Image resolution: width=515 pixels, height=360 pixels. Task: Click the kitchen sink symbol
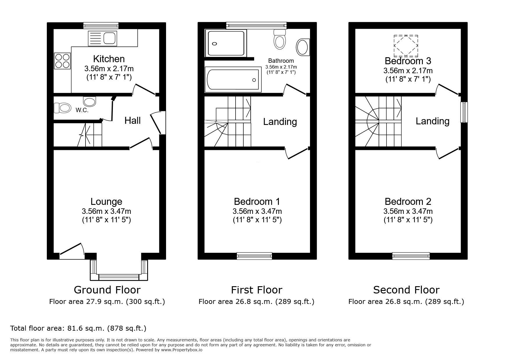click(102, 38)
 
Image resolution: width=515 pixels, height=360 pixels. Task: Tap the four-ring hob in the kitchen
click(62, 61)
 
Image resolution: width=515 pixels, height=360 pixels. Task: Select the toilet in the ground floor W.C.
click(63, 108)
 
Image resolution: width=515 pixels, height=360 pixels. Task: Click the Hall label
click(133, 120)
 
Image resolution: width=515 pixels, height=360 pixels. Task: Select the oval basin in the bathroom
click(302, 47)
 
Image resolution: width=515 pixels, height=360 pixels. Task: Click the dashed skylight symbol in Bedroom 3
click(406, 46)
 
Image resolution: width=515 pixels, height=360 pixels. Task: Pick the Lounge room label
click(106, 201)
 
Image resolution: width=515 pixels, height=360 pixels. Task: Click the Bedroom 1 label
click(257, 201)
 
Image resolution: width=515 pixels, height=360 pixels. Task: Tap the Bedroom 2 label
click(408, 201)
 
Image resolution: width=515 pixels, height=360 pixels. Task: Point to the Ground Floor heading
click(107, 290)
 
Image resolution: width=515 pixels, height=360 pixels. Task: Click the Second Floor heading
click(406, 290)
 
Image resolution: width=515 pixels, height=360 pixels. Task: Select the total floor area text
click(78, 328)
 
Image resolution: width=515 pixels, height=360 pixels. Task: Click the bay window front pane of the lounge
click(119, 277)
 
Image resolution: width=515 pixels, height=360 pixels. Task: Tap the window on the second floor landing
click(464, 112)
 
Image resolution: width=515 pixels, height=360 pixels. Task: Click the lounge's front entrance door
click(72, 252)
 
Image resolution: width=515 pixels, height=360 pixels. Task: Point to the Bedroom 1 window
click(254, 256)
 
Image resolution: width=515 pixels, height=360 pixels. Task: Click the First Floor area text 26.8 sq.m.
click(256, 302)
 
